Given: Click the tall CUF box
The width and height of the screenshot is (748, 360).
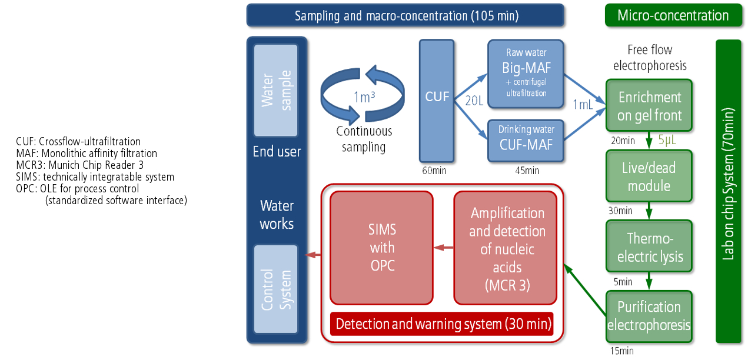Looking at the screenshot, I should pyautogui.click(x=437, y=101).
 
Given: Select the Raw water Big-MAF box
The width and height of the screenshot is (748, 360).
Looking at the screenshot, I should pyautogui.click(x=526, y=74).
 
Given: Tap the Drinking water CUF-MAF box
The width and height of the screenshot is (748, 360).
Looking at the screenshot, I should pyautogui.click(x=526, y=140).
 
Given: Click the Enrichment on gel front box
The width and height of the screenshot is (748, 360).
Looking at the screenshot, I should pyautogui.click(x=649, y=106).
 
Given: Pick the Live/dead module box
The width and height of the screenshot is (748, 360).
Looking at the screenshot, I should pyautogui.click(x=649, y=176).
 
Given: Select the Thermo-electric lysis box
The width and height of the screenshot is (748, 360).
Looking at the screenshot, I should pyautogui.click(x=649, y=247).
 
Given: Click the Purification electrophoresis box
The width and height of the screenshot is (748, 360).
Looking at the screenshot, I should pyautogui.click(x=649, y=315).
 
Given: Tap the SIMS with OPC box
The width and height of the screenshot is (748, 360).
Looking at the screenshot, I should pyautogui.click(x=382, y=248).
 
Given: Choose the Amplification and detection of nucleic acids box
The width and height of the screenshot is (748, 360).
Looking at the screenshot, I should pyautogui.click(x=506, y=248).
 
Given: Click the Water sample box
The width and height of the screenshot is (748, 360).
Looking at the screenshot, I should pyautogui.click(x=277, y=90).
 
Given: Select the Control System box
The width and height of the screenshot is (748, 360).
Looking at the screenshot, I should pyautogui.click(x=277, y=289).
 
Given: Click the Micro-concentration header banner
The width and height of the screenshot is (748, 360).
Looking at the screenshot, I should pyautogui.click(x=673, y=15).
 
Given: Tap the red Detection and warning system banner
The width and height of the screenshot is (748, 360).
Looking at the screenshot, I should pyautogui.click(x=443, y=324).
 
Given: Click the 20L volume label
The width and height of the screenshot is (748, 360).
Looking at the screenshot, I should pyautogui.click(x=473, y=101).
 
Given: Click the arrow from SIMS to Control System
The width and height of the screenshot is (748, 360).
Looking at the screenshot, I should pyautogui.click(x=314, y=255).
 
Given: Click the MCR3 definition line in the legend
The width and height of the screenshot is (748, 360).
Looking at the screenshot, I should pyautogui.click(x=79, y=165).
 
